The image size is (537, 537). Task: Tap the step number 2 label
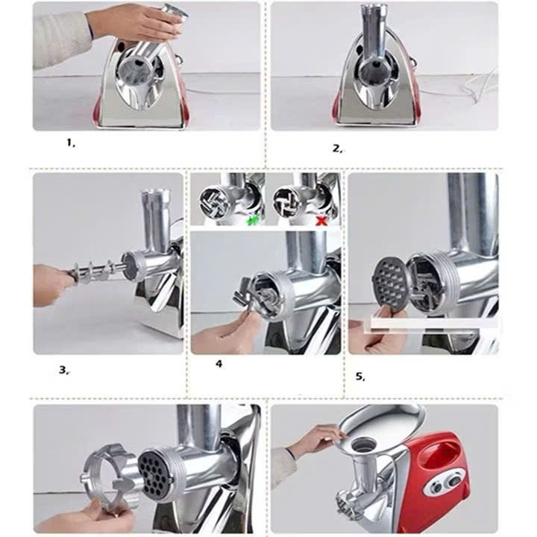point(337,148)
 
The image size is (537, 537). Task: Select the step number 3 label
point(64,368)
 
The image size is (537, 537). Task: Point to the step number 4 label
point(219,364)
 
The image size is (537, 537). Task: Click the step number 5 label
point(360,376)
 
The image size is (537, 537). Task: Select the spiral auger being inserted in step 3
point(93,270)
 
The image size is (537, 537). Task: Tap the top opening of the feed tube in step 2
point(372,9)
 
